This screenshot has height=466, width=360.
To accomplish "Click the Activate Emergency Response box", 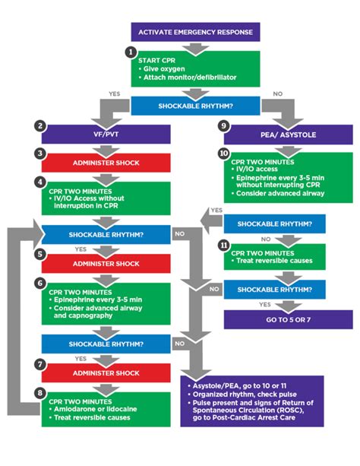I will tap(197, 31).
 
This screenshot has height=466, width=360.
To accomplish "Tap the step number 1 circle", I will tap(131, 53).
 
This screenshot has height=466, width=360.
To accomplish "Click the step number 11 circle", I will tap(223, 245).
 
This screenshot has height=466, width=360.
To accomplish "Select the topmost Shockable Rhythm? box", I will tap(197, 105).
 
